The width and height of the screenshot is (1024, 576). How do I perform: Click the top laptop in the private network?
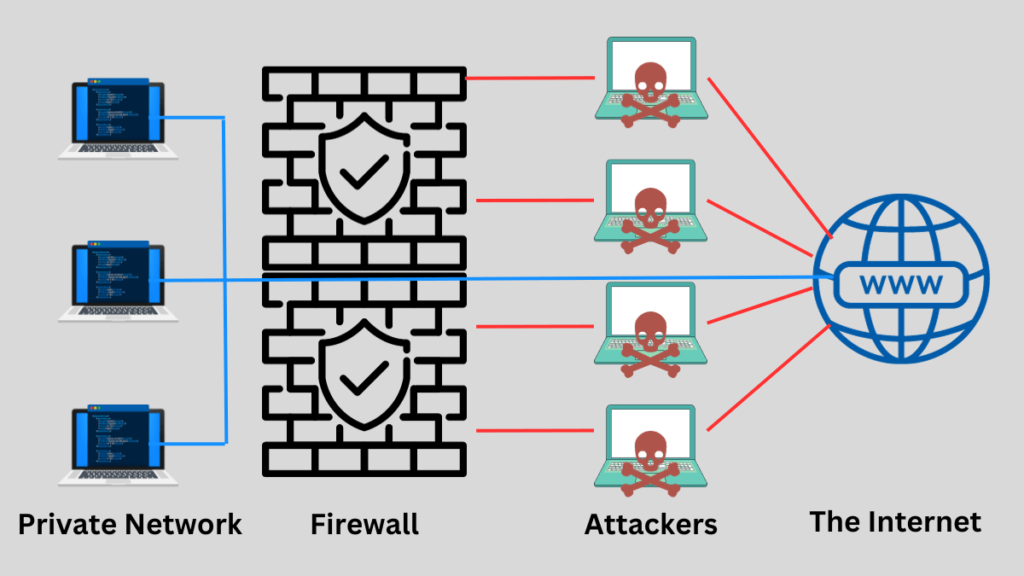(118, 119)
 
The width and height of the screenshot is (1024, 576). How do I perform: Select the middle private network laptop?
(118, 282)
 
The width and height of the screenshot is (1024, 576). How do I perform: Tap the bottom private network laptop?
(118, 445)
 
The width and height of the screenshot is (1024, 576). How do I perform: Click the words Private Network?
(130, 523)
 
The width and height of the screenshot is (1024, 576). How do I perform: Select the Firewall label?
(364, 523)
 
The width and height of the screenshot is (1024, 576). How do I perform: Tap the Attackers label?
(650, 523)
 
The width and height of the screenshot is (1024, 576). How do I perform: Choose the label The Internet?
(895, 521)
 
